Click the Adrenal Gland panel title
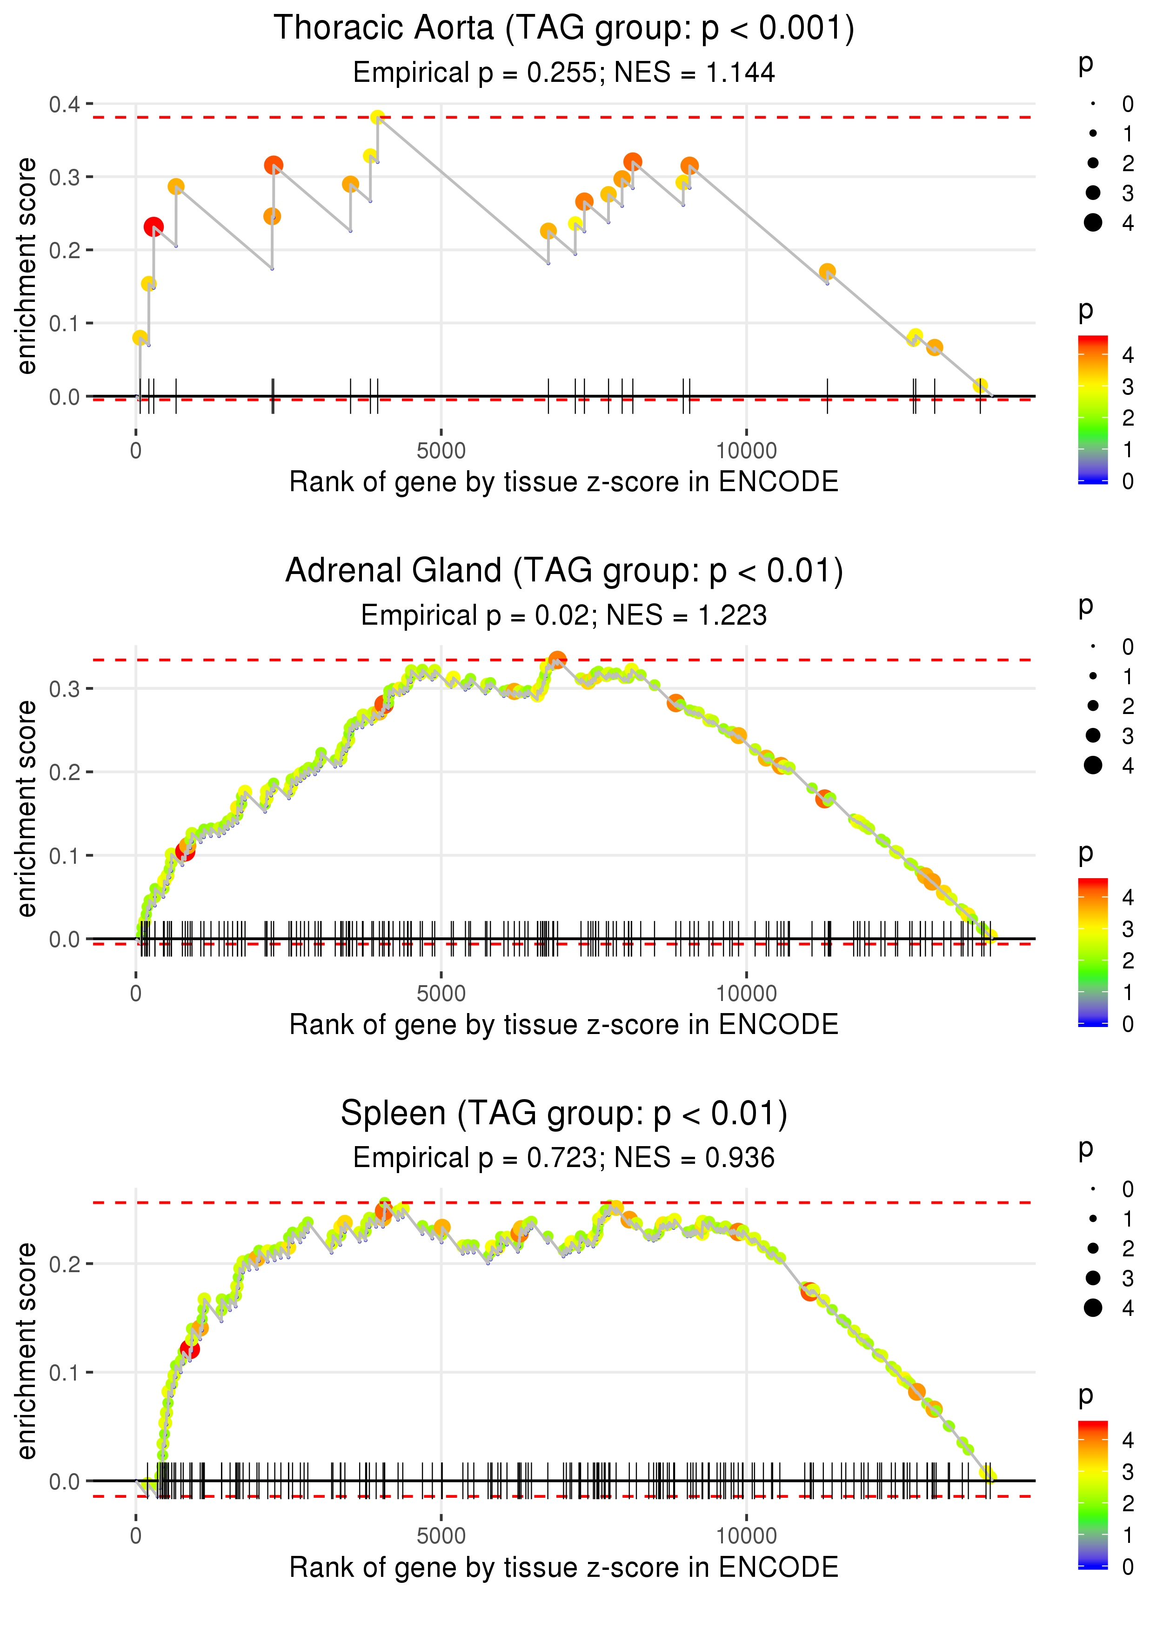point(564,571)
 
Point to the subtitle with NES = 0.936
point(564,1158)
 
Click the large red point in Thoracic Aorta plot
point(153,227)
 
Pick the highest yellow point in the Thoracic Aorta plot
point(377,117)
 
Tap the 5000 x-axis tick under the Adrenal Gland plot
point(441,994)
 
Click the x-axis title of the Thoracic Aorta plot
point(564,482)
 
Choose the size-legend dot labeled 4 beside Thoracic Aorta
point(1093,223)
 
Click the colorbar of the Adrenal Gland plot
point(1093,952)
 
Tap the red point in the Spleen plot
point(189,1349)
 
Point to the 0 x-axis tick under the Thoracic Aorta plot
point(136,451)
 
